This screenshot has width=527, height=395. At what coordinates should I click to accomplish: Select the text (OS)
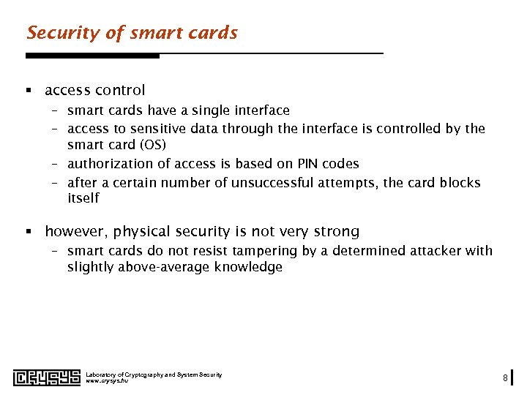coord(152,145)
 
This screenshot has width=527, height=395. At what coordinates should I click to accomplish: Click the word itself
coord(83,198)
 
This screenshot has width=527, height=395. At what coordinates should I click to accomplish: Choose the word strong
coord(335,232)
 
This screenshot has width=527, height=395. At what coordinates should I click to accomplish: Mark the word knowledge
coord(248,267)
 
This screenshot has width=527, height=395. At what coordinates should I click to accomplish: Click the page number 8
coord(505,378)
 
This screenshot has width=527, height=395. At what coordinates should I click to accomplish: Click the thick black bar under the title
coord(92,56)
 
